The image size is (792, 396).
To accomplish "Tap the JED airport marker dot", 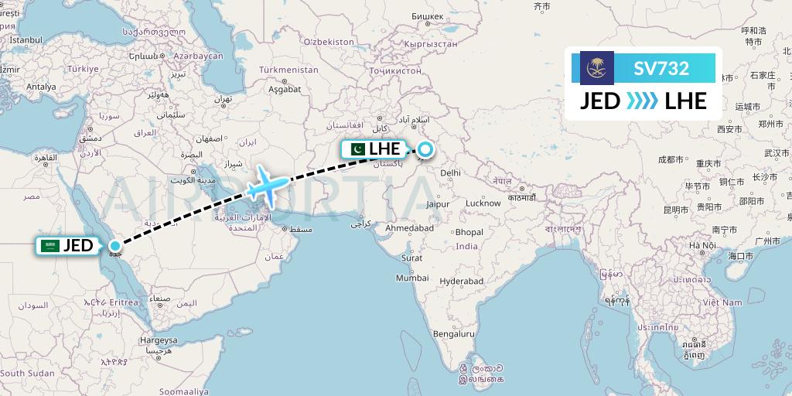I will click(x=115, y=246).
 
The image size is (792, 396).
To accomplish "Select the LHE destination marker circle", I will click(x=425, y=149).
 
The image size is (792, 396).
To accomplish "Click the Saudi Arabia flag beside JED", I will click(x=50, y=246).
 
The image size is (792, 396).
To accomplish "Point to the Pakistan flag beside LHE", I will click(x=357, y=149).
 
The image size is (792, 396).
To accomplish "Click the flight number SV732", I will click(x=661, y=68).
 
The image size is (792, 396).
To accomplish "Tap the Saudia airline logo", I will click(x=596, y=68).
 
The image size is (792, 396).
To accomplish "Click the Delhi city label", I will click(x=450, y=173).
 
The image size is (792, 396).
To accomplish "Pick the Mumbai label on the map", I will click(x=412, y=278).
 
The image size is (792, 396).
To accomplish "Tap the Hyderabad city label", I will click(x=462, y=282).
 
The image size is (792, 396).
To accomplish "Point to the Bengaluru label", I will click(x=454, y=334).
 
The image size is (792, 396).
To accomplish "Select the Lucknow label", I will click(x=483, y=203).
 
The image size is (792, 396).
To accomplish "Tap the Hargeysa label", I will click(x=159, y=340).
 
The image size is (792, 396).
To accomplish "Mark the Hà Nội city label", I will click(x=704, y=245).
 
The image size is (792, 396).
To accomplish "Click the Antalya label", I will click(x=41, y=87).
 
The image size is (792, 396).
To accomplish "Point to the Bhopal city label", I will click(x=469, y=232).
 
